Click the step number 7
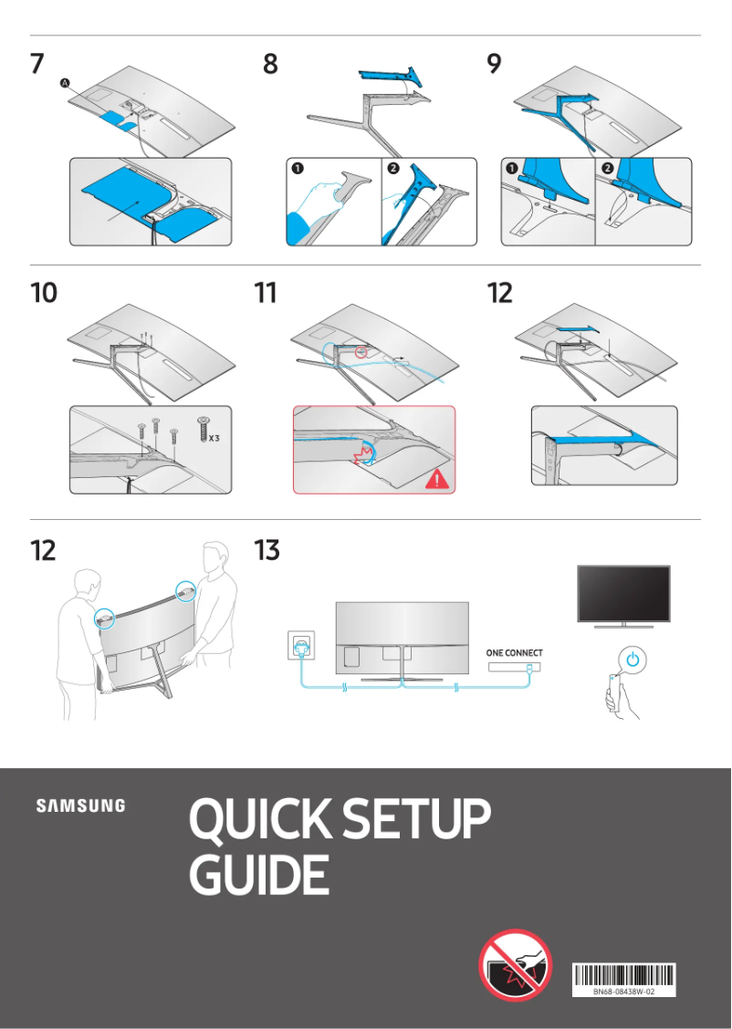tap(37, 65)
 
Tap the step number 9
tap(494, 65)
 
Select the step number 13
tap(267, 551)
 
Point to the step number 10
tap(43, 293)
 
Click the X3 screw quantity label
tap(213, 438)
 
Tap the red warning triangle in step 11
tap(437, 477)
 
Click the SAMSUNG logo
tap(80, 806)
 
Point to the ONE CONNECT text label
tap(515, 653)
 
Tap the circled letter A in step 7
tap(65, 83)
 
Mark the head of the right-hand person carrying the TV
tap(215, 556)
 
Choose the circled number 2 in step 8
tap(393, 169)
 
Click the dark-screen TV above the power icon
tap(623, 593)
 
